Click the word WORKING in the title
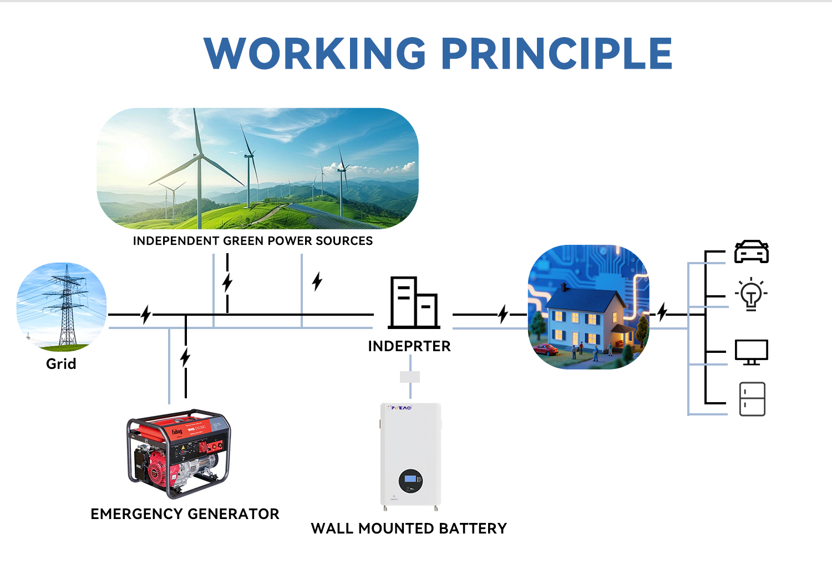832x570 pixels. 315,54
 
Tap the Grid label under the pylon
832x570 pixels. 61,364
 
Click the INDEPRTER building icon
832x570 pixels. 414,302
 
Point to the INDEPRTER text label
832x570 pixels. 409,346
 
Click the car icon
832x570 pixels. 752,251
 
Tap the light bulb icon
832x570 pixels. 751,294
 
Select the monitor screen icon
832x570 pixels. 751,352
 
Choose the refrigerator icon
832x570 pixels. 752,399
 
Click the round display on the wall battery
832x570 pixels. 410,481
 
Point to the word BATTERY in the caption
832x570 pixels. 473,528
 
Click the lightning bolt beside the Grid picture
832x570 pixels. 146,315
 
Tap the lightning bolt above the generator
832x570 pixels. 185,357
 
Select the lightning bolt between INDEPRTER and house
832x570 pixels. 503,314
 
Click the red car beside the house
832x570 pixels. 546,349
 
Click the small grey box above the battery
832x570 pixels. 410,377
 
